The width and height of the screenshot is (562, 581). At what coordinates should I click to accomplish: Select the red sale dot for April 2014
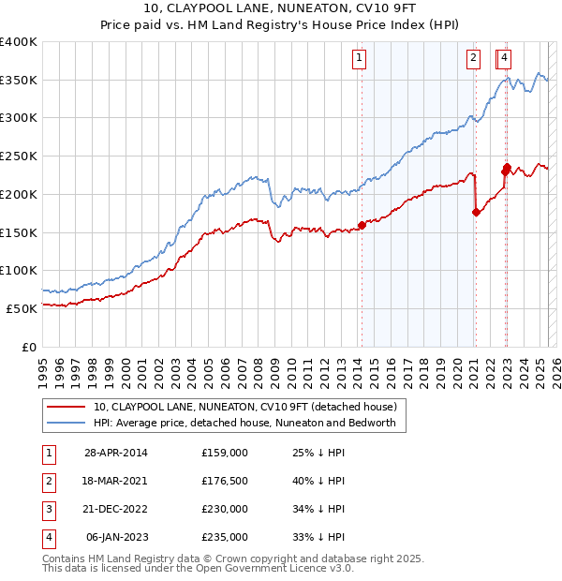coord(362,225)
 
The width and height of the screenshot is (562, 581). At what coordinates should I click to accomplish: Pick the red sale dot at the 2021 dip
coord(476,212)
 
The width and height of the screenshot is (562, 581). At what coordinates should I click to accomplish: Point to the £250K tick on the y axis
coord(20,156)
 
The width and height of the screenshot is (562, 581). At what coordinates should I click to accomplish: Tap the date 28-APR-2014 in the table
coord(116,454)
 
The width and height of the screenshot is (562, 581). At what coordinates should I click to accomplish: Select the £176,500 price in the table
coord(225,482)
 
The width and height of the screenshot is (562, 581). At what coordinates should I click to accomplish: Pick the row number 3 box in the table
coord(47,510)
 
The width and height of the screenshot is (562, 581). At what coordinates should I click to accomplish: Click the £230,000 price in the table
coord(225,510)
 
